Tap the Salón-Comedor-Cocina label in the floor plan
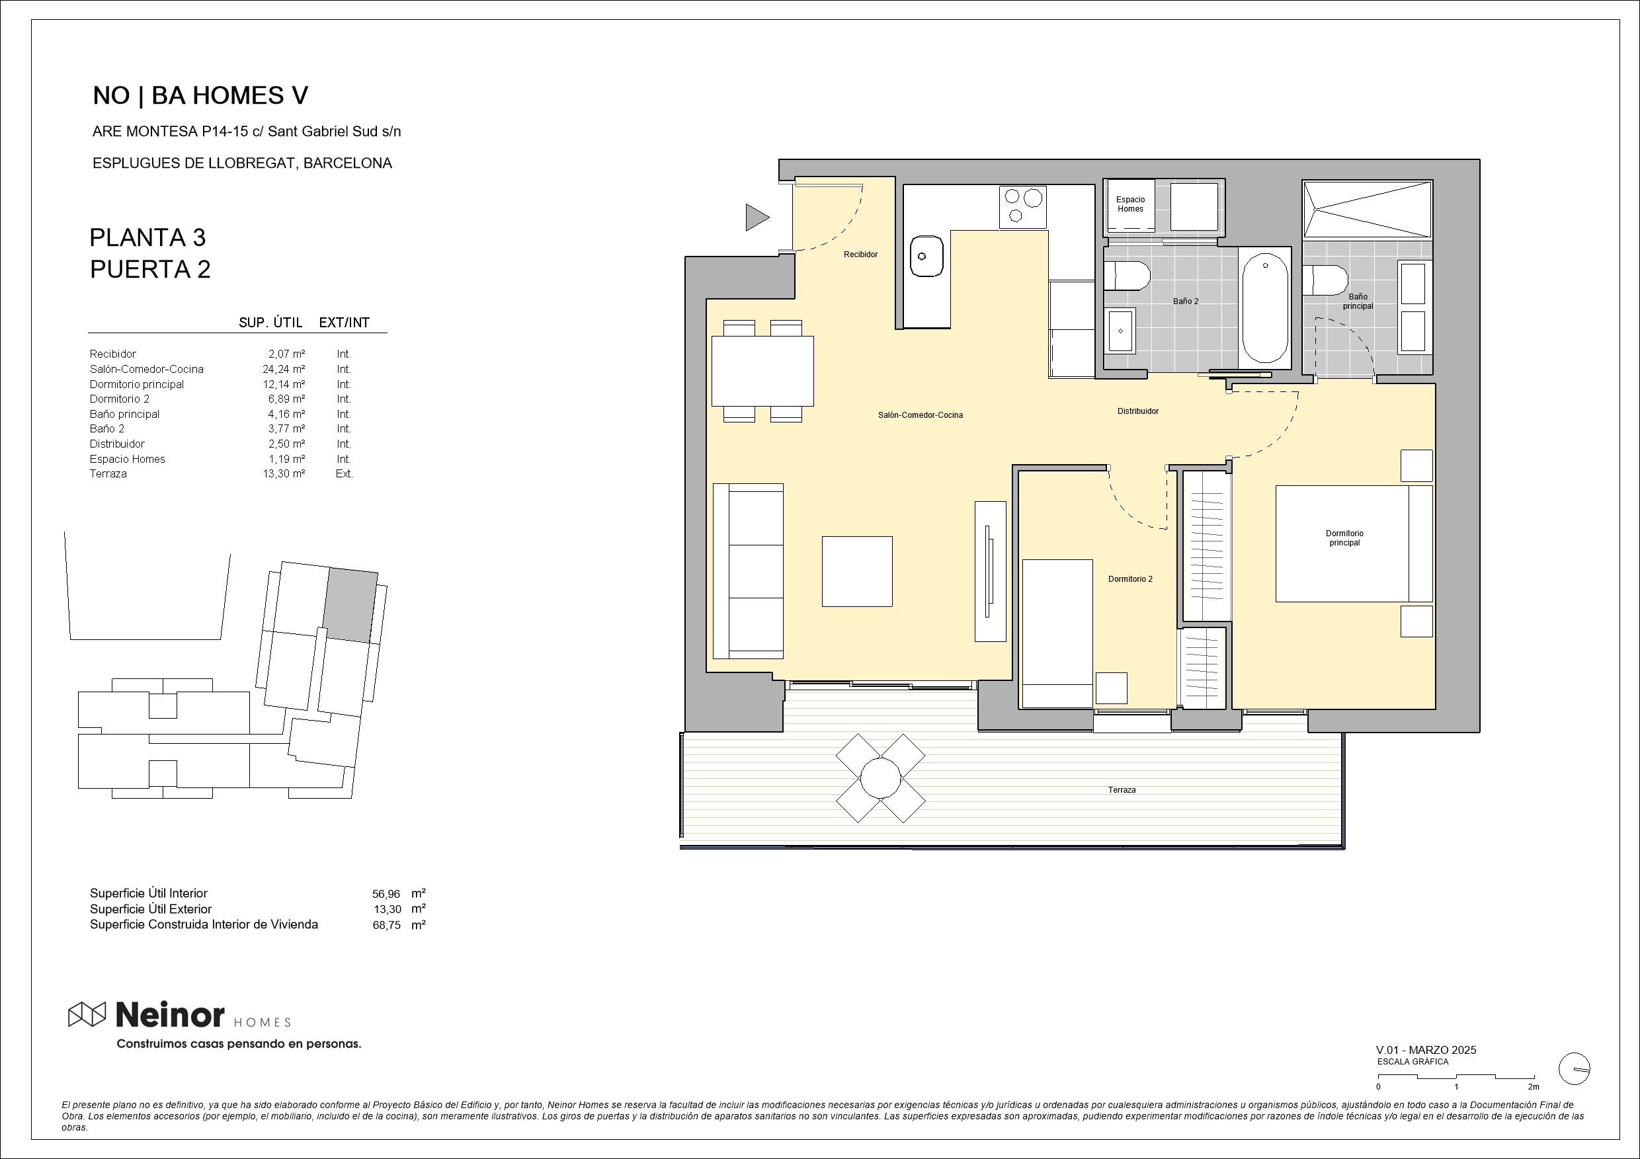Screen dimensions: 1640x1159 [x=920, y=415]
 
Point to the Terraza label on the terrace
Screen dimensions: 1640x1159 [x=1122, y=790]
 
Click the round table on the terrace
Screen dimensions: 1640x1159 [x=880, y=778]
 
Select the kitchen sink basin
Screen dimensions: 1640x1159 [x=926, y=256]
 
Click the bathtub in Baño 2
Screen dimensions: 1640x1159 [x=1265, y=308]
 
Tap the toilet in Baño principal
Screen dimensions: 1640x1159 [x=1325, y=280]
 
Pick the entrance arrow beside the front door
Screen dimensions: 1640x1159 [x=757, y=217]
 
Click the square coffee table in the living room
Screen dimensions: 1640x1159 [x=856, y=571]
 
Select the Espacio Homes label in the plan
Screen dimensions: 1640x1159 [x=1130, y=204]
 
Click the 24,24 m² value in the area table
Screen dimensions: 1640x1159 [x=284, y=369]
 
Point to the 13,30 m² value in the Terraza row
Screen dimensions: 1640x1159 [x=284, y=473]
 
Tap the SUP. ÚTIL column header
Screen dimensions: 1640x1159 [x=270, y=323]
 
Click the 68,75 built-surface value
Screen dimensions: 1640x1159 [x=386, y=926]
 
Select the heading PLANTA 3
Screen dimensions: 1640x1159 [x=148, y=237]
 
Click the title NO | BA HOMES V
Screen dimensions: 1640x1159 [x=201, y=96]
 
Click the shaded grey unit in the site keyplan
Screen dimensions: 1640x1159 [x=350, y=605]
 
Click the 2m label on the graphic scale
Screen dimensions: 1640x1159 [x=1533, y=1087]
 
